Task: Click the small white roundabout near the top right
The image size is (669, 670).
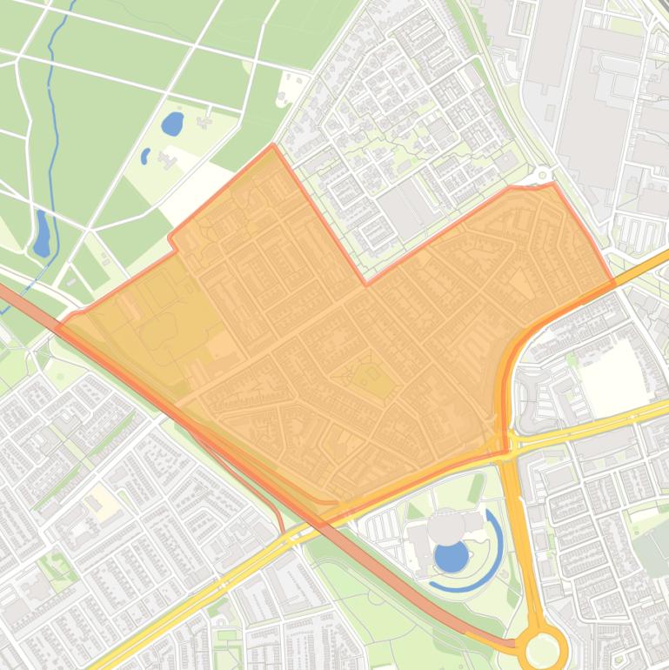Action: tap(545, 174)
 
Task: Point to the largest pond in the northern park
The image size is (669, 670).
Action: tap(173, 124)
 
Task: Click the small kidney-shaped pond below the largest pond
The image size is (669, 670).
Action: tap(145, 157)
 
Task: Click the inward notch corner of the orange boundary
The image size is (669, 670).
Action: tap(366, 283)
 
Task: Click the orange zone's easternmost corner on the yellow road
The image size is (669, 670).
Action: tap(614, 283)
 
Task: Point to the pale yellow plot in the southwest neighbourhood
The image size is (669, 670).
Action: tap(101, 499)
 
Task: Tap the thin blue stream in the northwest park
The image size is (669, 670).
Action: tap(54, 104)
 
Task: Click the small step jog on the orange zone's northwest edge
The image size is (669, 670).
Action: tap(172, 242)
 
